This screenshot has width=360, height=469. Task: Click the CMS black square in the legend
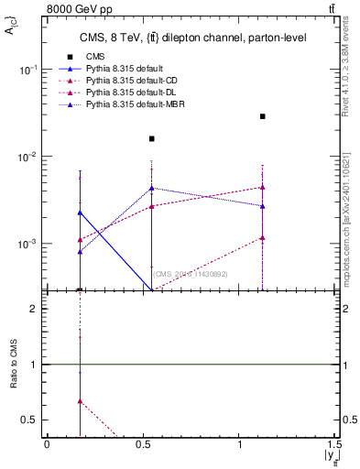click(x=70, y=57)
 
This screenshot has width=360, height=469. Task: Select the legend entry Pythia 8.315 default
click(x=124, y=70)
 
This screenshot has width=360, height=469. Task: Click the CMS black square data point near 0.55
click(x=152, y=139)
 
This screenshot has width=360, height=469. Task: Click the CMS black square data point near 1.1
click(x=263, y=116)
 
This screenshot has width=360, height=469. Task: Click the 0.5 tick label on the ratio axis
click(x=31, y=420)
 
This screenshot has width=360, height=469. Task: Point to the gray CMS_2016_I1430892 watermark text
click(x=190, y=274)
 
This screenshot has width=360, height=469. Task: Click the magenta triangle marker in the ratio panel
click(x=81, y=400)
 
